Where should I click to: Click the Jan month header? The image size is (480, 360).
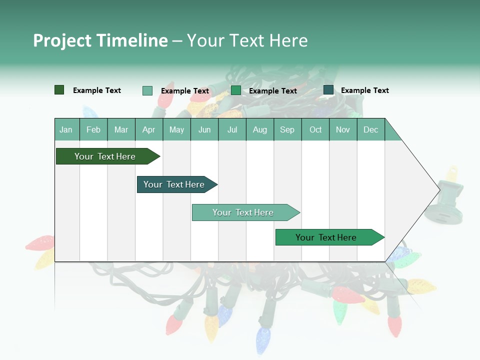click(66, 129)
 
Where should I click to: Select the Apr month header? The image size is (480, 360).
click(148, 129)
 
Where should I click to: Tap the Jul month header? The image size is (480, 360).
click(232, 129)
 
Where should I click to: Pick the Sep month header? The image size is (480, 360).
click(287, 129)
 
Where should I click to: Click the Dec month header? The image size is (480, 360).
click(370, 129)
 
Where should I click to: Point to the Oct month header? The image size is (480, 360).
click(315, 129)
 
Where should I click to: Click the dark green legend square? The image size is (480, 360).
click(59, 90)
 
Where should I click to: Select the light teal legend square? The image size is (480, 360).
click(147, 90)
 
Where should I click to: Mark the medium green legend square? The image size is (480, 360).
click(236, 90)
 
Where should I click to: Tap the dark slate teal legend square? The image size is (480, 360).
click(328, 90)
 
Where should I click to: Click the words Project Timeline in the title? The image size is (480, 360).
click(100, 40)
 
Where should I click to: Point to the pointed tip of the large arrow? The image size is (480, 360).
click(438, 189)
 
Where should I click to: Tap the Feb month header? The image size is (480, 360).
click(93, 129)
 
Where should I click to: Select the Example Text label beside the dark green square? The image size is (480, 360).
click(97, 90)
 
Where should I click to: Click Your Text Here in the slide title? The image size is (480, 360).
click(247, 40)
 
